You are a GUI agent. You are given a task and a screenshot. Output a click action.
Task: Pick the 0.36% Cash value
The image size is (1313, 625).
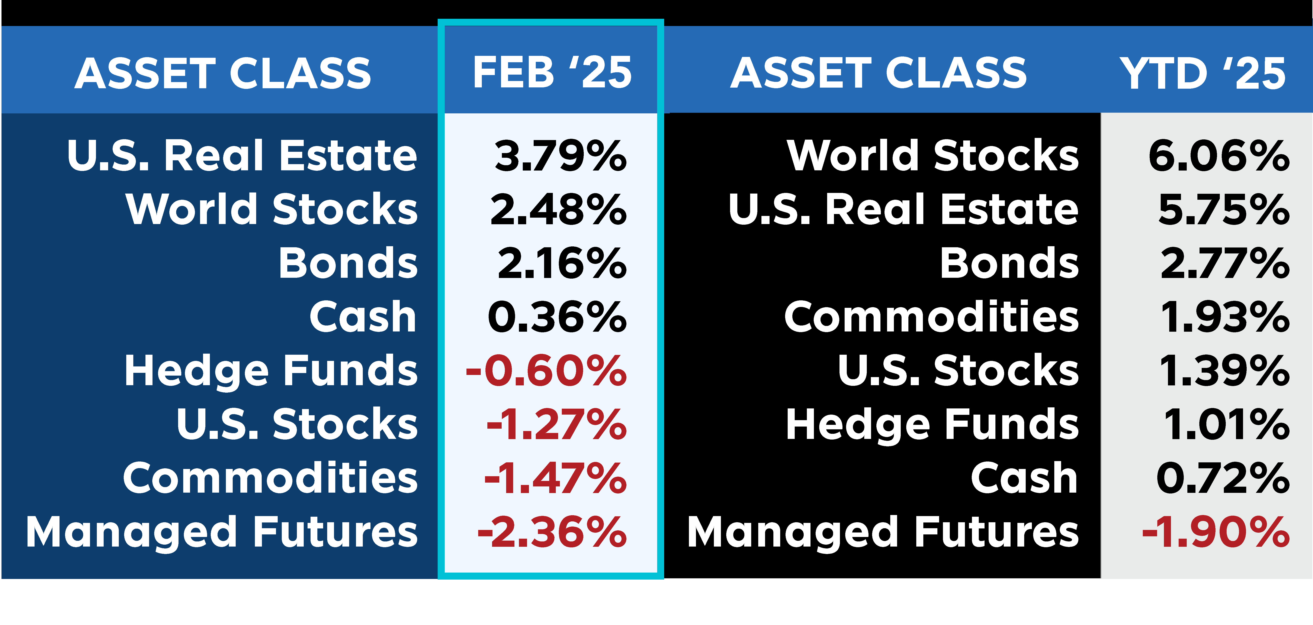click(557, 317)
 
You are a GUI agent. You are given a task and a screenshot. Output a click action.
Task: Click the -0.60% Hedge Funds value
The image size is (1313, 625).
click(546, 371)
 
